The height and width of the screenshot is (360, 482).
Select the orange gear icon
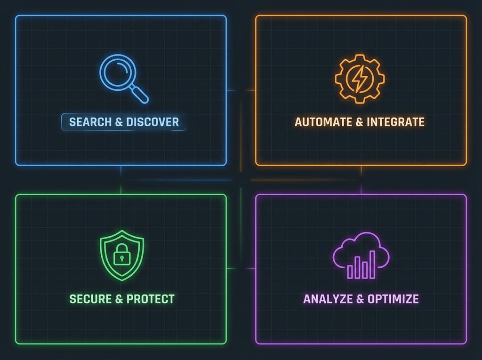tap(359, 79)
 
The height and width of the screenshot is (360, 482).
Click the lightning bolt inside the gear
tap(359, 79)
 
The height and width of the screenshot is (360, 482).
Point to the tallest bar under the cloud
tap(372, 264)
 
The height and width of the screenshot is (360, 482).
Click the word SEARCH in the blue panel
tap(90, 122)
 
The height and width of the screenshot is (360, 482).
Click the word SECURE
tap(91, 299)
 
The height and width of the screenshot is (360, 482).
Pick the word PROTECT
tap(150, 299)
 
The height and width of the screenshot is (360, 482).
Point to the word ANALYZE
tap(328, 299)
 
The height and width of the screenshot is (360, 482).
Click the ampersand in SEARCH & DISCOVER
tap(119, 122)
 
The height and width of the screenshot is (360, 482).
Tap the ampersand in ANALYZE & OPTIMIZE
tap(360, 299)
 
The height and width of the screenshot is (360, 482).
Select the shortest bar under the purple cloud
tap(350, 272)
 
